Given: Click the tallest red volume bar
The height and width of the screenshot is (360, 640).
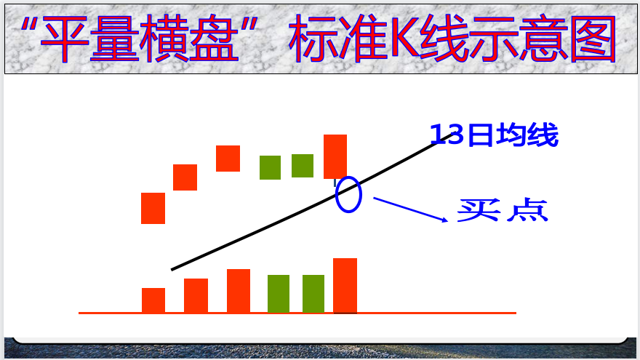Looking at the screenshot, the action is [x=345, y=285].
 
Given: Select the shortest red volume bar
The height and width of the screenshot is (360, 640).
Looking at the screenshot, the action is [x=153, y=300].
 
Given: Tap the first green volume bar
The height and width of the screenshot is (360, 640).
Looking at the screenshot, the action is [x=279, y=294].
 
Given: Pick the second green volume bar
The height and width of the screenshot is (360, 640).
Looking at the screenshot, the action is [x=313, y=294].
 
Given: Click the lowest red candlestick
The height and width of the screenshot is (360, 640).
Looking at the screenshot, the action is [x=153, y=208].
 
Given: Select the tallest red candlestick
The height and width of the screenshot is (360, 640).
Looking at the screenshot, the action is [x=335, y=157].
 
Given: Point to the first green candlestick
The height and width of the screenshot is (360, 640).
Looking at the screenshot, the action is [x=271, y=167].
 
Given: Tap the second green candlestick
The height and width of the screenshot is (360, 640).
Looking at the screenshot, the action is [x=303, y=166].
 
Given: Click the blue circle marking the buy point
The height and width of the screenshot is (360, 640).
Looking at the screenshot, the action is [x=336, y=194].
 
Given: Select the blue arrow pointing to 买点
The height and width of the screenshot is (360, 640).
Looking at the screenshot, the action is [x=411, y=209].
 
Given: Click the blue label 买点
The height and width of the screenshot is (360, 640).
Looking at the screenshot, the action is [x=503, y=210].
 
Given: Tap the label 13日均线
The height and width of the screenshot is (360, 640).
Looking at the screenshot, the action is [x=495, y=135].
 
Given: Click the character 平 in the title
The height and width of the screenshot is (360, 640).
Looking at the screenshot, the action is [x=65, y=39].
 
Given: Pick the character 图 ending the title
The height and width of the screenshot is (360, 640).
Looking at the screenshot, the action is [x=593, y=39].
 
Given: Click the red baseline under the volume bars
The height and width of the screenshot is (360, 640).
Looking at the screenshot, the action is [x=297, y=313].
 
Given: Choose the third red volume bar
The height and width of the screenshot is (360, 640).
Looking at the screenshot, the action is [x=239, y=291].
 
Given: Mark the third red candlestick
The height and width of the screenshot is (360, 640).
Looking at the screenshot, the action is [x=228, y=159].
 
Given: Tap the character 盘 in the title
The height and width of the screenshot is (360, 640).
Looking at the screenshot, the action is [x=215, y=39].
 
